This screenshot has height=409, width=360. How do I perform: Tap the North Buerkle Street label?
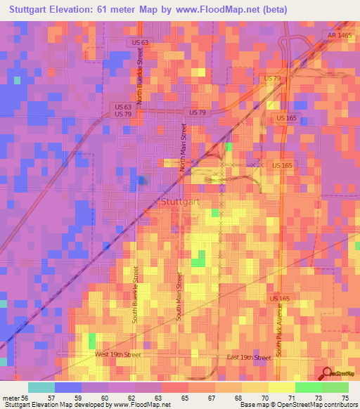(141, 81)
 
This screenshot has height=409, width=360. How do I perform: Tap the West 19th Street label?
(118, 355)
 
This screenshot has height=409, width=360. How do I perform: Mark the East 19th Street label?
(249, 358)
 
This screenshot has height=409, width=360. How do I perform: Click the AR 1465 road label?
(339, 34)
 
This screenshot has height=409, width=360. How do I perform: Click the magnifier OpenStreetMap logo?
(328, 373)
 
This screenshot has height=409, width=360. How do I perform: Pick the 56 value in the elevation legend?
(25, 397)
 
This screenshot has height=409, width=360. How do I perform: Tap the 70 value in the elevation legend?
(264, 397)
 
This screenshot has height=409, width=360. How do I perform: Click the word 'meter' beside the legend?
(11, 397)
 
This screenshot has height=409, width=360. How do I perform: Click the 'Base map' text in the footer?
(256, 405)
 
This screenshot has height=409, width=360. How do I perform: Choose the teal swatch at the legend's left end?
(41, 387)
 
